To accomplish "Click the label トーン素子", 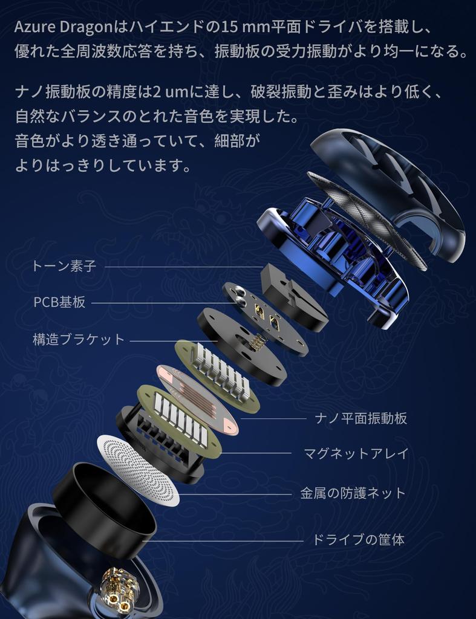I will tap(64, 266).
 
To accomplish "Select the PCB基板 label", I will tap(59, 302).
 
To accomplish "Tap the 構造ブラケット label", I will tap(79, 339).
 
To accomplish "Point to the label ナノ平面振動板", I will tap(361, 418).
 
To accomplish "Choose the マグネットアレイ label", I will tap(356, 453).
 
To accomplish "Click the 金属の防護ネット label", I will tap(353, 493).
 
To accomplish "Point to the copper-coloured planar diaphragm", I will tap(197, 400).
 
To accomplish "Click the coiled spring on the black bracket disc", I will tap(257, 342).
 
